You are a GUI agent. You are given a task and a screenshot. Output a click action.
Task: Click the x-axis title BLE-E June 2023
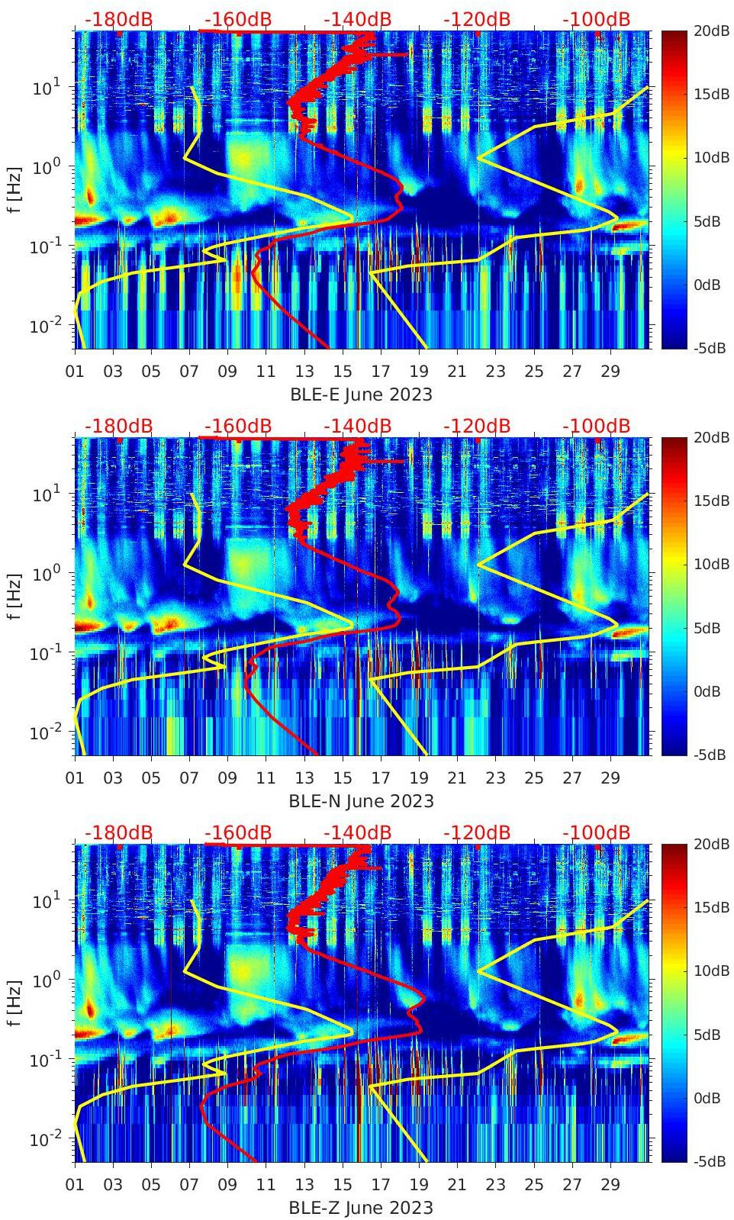361,394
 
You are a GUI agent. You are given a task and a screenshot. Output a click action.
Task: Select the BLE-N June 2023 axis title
361,801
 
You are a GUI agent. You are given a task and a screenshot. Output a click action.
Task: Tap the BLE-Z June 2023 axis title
361,1208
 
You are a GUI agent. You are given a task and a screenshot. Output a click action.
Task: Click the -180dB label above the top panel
118,19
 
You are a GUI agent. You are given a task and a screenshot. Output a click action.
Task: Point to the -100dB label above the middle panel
597,426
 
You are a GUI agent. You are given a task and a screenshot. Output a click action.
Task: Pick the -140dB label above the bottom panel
357,832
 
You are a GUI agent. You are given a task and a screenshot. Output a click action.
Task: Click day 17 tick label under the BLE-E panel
381,372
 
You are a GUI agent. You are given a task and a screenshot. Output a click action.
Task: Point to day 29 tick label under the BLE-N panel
610,778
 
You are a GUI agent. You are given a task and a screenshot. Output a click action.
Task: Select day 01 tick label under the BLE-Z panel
75,1185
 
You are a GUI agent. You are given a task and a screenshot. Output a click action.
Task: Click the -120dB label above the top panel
477,19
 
